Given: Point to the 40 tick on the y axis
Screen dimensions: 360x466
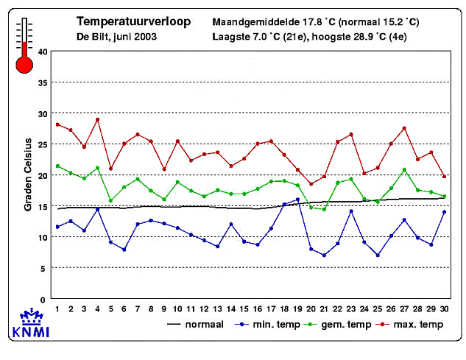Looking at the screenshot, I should tap(43, 52).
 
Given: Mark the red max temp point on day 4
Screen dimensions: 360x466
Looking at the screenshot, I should tap(97, 119).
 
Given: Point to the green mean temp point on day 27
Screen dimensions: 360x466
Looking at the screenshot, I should tap(404, 170).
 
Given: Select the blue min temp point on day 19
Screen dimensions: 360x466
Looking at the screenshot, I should tap(297, 200).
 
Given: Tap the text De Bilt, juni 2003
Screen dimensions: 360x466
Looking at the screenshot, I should tap(111, 35).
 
